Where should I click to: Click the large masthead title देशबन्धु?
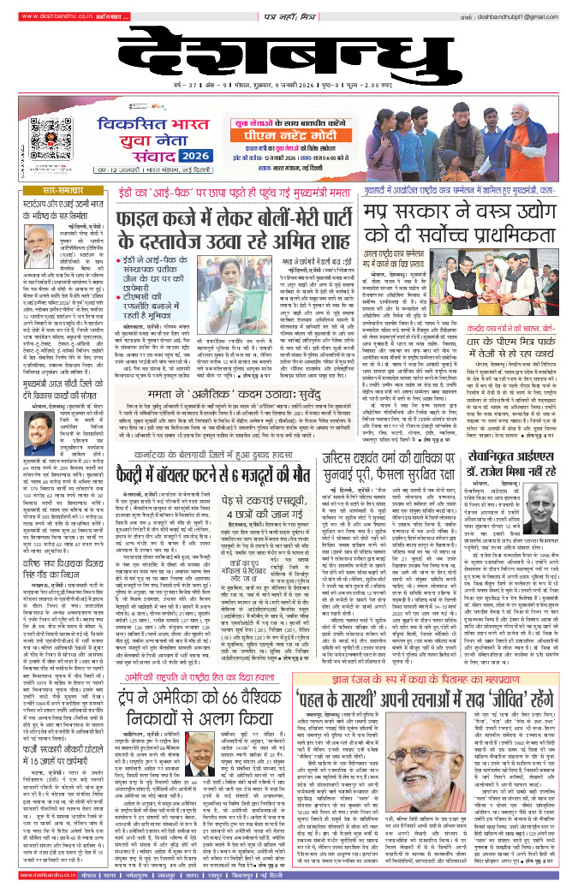click(x=289, y=63)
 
